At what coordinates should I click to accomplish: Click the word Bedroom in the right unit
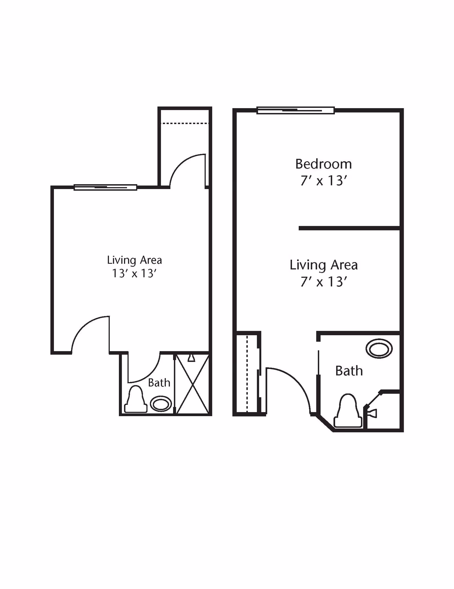323,164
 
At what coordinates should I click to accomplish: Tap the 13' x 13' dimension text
134,273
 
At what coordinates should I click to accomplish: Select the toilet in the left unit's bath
136,400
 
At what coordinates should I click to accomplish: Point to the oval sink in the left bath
161,404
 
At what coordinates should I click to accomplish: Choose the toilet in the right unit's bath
348,411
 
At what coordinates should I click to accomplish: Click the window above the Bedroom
295,110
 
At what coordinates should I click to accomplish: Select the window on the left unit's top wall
105,187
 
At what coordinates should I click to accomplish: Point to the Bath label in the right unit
349,371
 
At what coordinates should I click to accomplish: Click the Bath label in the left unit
159,383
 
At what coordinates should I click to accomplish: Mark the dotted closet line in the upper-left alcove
184,123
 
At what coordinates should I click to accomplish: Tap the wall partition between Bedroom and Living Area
349,228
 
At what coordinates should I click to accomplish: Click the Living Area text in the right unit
323,265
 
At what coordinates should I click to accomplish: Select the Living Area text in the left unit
134,260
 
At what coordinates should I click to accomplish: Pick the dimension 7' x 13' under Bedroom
323,181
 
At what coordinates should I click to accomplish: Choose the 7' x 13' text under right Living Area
323,282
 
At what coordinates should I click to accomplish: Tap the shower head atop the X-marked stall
192,358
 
